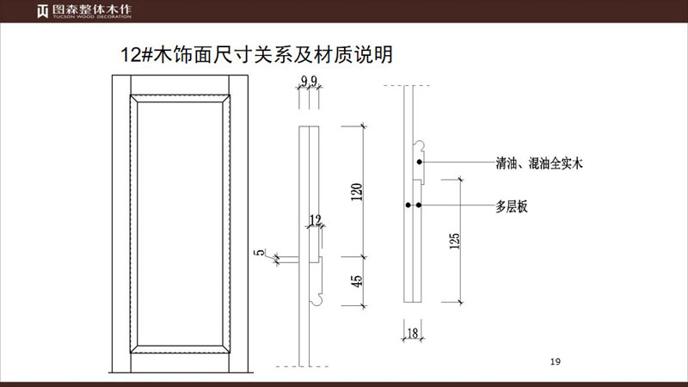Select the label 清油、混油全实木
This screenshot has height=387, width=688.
pyautogui.click(x=539, y=162)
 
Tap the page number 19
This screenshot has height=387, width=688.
pyautogui.click(x=555, y=361)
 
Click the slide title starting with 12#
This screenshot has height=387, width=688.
pyautogui.click(x=257, y=55)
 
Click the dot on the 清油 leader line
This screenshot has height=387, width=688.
pyautogui.click(x=419, y=162)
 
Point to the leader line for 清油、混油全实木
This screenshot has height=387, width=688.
pyautogui.click(x=456, y=162)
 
